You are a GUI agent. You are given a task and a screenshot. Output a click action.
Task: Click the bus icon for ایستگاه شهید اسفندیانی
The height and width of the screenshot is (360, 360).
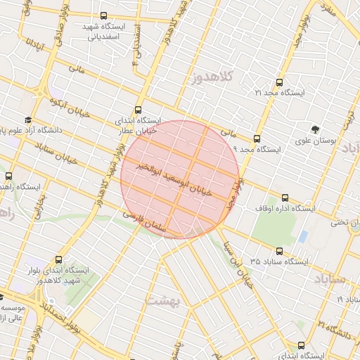click(x=104, y=15)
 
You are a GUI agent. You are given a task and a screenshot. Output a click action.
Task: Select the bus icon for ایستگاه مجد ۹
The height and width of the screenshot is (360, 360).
click(x=257, y=139)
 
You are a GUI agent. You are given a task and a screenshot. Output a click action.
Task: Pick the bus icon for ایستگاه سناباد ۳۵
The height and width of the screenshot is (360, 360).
click(x=280, y=250)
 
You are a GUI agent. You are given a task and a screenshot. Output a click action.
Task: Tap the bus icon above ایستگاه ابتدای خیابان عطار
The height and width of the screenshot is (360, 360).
click(x=138, y=110)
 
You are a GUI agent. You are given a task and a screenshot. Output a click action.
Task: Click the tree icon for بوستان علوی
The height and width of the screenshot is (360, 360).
click(x=315, y=129)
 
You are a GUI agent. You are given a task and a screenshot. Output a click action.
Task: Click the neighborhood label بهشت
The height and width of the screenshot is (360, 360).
click(x=164, y=301)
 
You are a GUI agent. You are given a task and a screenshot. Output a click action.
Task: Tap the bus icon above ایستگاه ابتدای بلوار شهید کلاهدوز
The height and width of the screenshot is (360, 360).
click(x=58, y=259)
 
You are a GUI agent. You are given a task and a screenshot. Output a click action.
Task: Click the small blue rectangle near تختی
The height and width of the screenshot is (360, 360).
click(x=303, y=237)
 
